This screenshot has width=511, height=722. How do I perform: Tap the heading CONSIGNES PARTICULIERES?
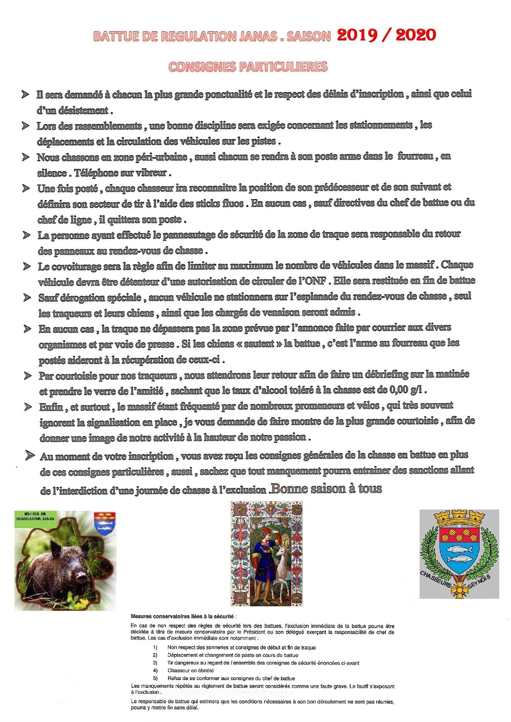coord(248,66)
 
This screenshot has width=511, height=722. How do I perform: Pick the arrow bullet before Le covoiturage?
coord(27,266)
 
